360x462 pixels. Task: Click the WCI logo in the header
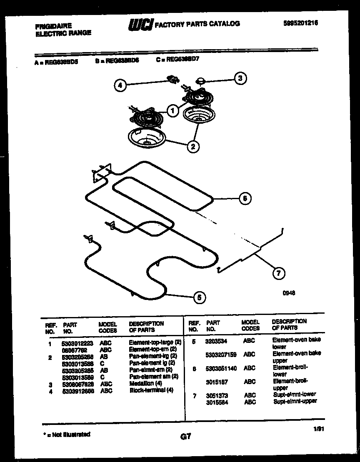click(141, 25)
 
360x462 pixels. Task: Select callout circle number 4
click(120, 86)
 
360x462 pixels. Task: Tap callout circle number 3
click(240, 78)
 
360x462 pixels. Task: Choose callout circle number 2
click(192, 146)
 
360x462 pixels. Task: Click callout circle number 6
click(245, 199)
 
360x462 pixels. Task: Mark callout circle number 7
click(278, 273)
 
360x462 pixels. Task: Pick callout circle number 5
click(199, 297)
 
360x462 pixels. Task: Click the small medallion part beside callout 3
click(201, 80)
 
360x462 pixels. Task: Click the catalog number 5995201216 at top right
click(300, 24)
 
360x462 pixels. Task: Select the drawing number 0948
click(289, 293)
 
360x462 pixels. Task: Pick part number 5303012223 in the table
click(77, 343)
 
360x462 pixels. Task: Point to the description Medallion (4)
click(145, 383)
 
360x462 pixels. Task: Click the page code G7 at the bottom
click(185, 437)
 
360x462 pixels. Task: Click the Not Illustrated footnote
click(67, 435)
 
